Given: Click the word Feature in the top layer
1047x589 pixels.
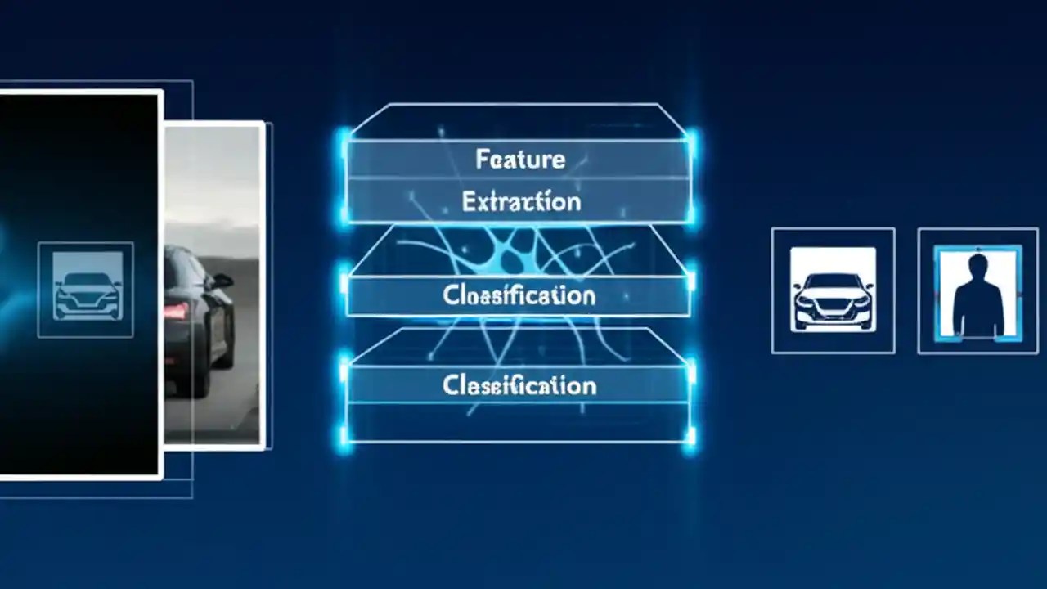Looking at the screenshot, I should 520,158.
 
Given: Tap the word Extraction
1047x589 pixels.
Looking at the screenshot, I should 521,201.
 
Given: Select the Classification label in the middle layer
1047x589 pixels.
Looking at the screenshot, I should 519,294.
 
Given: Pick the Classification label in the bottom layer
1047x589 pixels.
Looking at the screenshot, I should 519,384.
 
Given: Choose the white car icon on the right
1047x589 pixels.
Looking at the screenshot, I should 833,290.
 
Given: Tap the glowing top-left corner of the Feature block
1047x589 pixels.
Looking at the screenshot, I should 344,136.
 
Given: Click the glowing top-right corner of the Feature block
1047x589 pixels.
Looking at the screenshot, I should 692,136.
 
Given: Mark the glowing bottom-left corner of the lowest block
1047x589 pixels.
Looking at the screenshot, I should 345,440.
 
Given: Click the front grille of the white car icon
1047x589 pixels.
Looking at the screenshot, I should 833,308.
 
